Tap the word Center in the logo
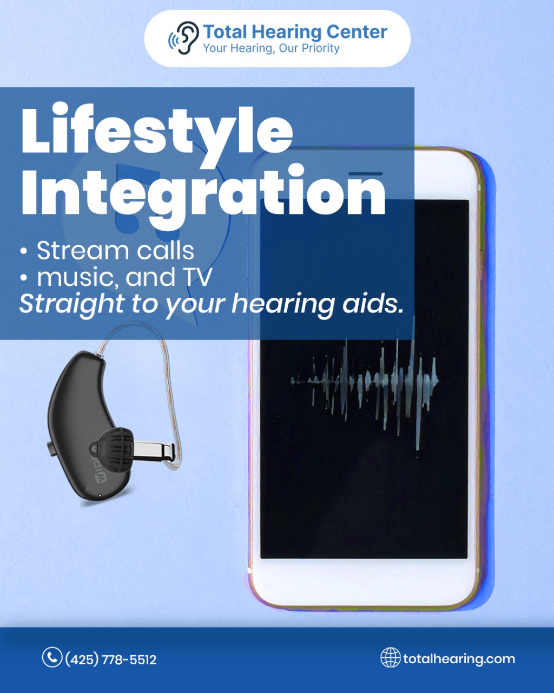(357, 32)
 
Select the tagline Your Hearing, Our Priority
(272, 48)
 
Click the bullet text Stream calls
(115, 251)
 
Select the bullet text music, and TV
(124, 277)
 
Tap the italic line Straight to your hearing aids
(212, 304)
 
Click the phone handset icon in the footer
(52, 657)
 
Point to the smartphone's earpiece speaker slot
(366, 174)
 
